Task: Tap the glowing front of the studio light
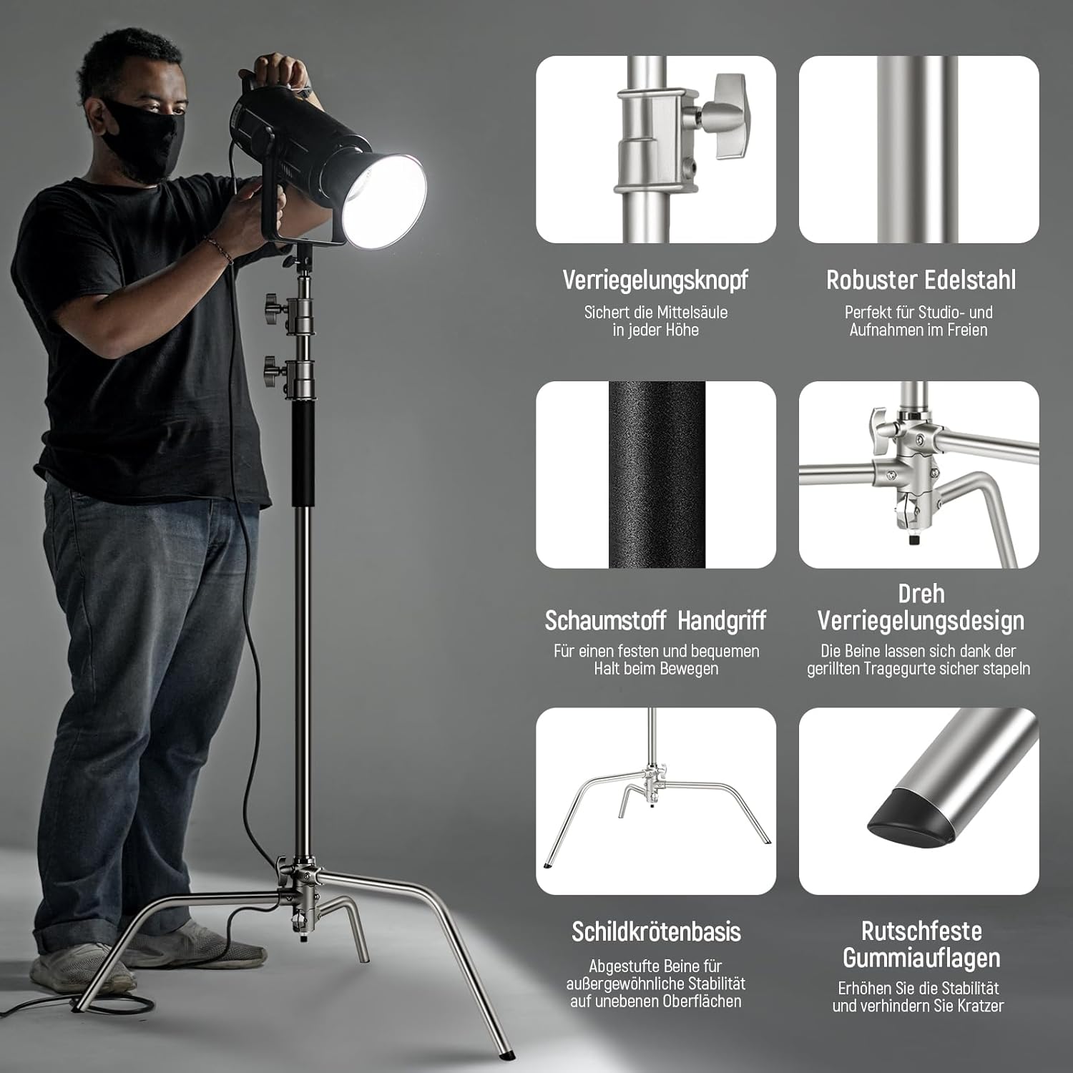pyautogui.click(x=385, y=200)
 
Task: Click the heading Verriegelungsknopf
pyautogui.click(x=655, y=280)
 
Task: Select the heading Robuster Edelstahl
pyautogui.click(x=921, y=280)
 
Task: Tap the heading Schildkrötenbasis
pyautogui.click(x=656, y=931)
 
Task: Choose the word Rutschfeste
pyautogui.click(x=921, y=931)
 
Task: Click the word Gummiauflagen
pyautogui.click(x=921, y=958)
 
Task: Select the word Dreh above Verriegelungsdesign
pyautogui.click(x=921, y=594)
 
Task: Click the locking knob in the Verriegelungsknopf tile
pyautogui.click(x=722, y=115)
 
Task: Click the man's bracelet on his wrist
pyautogui.click(x=218, y=249)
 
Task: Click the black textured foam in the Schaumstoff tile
pyautogui.click(x=657, y=475)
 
